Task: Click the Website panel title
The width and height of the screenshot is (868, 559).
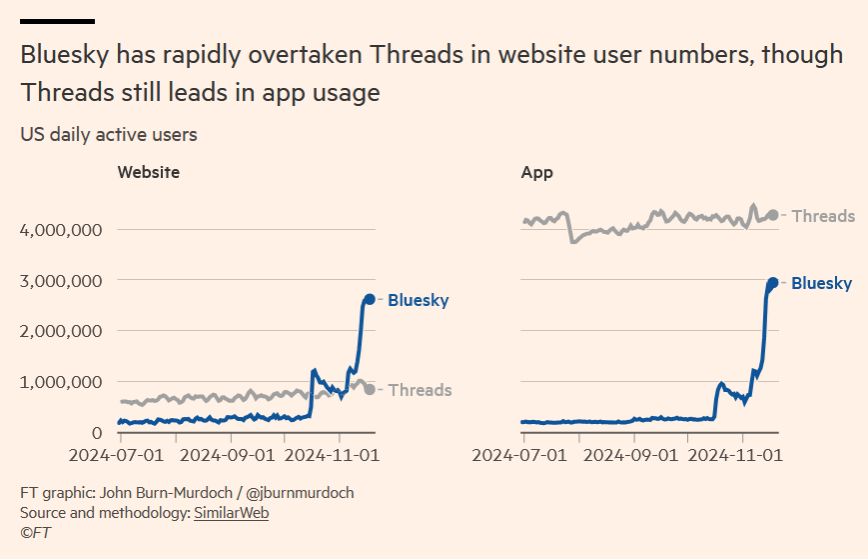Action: coord(149,172)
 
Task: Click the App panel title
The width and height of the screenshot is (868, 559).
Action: coord(537,172)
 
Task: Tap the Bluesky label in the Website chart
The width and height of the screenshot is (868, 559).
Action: coord(418,300)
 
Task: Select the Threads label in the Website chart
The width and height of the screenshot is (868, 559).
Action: coord(420,390)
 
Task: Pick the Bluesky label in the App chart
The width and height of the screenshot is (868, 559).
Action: coord(821,283)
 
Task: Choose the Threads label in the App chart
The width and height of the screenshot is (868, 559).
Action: coord(823,215)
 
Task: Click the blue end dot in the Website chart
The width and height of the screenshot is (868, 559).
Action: coord(369,299)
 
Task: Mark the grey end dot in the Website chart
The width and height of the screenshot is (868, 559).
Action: coord(370,389)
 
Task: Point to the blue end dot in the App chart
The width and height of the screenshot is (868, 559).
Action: coord(772,283)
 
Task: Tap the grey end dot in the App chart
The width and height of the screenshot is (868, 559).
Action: coord(772,215)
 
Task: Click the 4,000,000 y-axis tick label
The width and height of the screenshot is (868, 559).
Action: coord(61,230)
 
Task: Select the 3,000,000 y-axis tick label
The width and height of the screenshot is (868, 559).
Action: coord(61,281)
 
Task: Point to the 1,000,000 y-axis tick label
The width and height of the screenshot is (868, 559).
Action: coord(61,382)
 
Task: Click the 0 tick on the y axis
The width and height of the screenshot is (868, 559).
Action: coord(96,433)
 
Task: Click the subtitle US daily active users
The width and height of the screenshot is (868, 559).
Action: coord(109,134)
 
